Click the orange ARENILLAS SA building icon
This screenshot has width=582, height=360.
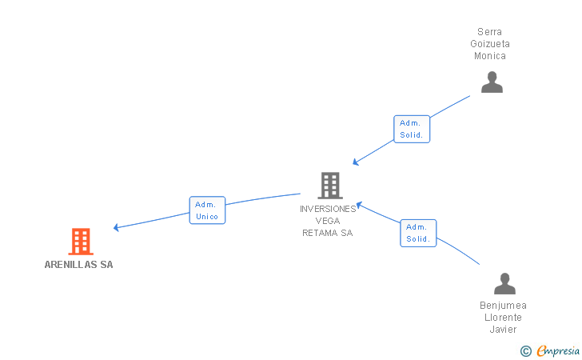click(x=81, y=242)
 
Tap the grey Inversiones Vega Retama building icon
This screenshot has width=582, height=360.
click(x=330, y=186)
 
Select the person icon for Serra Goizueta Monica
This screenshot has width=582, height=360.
click(x=492, y=82)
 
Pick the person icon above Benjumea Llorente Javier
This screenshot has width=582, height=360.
click(x=504, y=283)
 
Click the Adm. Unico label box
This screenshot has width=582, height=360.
click(x=207, y=210)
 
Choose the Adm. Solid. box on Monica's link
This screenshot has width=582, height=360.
click(x=412, y=129)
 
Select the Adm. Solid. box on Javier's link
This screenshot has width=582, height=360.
click(x=418, y=233)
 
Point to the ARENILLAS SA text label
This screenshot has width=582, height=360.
click(x=78, y=265)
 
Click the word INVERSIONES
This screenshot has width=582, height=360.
click(x=328, y=209)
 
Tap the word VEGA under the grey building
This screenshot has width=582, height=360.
click(x=328, y=221)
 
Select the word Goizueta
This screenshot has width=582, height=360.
click(x=490, y=44)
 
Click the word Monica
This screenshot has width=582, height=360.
click(x=490, y=56)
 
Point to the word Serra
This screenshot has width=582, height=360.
click(x=489, y=32)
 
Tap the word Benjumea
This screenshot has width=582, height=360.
click(x=504, y=306)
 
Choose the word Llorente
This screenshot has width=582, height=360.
click(x=503, y=318)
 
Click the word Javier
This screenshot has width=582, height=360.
click(x=504, y=329)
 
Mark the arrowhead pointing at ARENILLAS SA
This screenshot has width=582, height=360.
click(x=116, y=227)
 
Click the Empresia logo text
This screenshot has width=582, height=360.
click(x=558, y=350)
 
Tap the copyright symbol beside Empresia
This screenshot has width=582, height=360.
click(x=526, y=351)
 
